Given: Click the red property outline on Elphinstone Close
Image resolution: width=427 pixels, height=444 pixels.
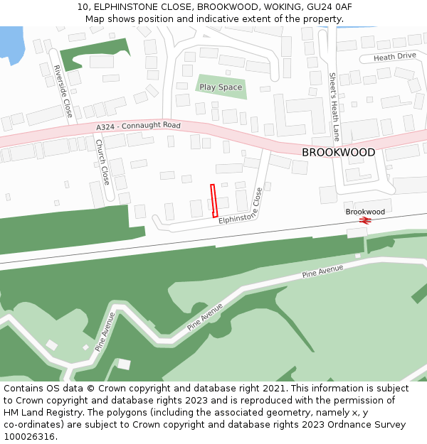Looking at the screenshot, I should (x=213, y=200).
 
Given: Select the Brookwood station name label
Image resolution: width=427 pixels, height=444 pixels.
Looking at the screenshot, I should (x=365, y=212).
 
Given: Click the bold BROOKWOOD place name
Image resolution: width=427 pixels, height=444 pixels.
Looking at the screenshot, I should (x=338, y=153).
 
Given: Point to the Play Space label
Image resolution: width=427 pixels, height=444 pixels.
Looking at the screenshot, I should (x=221, y=87).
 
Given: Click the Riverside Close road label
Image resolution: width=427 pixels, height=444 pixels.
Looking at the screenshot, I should (x=63, y=91).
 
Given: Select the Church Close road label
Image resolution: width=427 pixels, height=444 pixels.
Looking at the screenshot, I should (x=102, y=162).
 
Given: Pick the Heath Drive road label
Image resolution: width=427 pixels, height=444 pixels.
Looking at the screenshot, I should (x=394, y=57).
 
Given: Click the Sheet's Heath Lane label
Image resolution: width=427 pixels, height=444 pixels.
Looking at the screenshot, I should (x=334, y=107).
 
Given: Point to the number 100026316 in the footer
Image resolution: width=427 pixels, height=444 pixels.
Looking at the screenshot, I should (x=30, y=437).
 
